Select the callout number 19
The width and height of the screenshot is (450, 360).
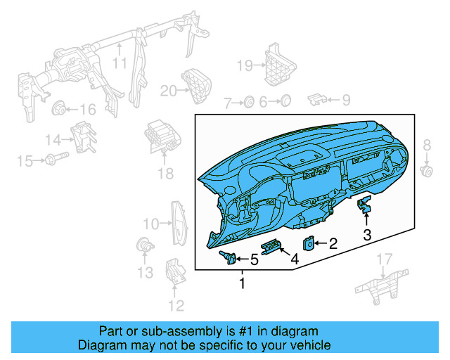(x=244, y=65)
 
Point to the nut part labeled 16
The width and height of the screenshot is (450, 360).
(x=60, y=108)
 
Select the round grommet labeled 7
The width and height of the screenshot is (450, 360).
(x=248, y=103)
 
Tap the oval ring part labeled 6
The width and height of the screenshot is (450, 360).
(x=285, y=102)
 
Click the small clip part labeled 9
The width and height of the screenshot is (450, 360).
(x=319, y=99)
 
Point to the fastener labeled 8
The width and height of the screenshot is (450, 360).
(x=425, y=170)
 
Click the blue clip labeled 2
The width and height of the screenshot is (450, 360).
(x=309, y=243)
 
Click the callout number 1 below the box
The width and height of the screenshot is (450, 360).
(x=243, y=284)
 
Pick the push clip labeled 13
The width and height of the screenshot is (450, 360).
(x=143, y=245)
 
